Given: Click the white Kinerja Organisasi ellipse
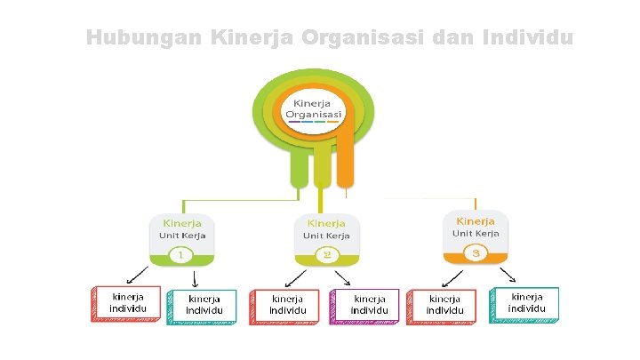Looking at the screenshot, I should pos(314,111).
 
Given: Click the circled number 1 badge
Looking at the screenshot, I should pos(180,255).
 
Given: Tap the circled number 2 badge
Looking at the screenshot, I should pos(326,255).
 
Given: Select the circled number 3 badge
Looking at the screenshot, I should pos(476,254).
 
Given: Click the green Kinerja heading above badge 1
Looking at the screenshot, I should pos(180,221).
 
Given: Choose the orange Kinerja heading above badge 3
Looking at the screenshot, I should pos(476,220).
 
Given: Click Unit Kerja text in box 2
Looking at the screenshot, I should pos(326,236).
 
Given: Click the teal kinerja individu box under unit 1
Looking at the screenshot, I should pos(203,305).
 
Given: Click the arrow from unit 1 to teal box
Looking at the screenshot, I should pos(195,277).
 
